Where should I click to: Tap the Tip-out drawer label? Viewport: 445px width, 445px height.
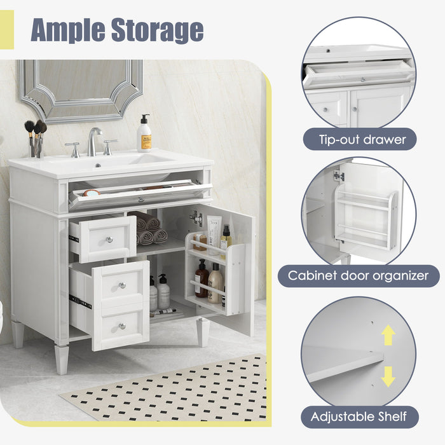(359, 139)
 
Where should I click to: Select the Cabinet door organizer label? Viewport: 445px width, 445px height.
(359, 276)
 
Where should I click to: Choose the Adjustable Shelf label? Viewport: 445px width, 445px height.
(359, 417)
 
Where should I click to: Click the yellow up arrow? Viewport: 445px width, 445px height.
(388, 335)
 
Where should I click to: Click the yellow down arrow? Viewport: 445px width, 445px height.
(388, 376)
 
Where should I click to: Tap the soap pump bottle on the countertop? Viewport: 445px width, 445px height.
(144, 135)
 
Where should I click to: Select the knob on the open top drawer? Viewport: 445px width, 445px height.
(109, 240)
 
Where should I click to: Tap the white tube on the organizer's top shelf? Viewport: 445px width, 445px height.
(214, 233)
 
